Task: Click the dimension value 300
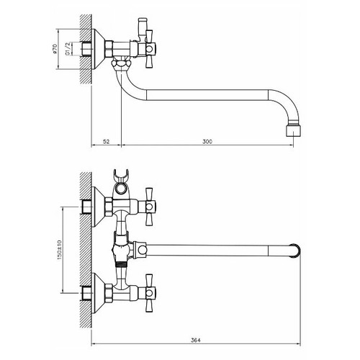[x=207, y=142]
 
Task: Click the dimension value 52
[x=106, y=142]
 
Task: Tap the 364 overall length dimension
[x=196, y=340]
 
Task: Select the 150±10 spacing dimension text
[x=59, y=250]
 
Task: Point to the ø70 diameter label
[x=55, y=49]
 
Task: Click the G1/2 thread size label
[x=68, y=49]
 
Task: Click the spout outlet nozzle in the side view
[x=294, y=130]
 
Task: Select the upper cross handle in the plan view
[x=149, y=207]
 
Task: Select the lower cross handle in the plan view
[x=149, y=293]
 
